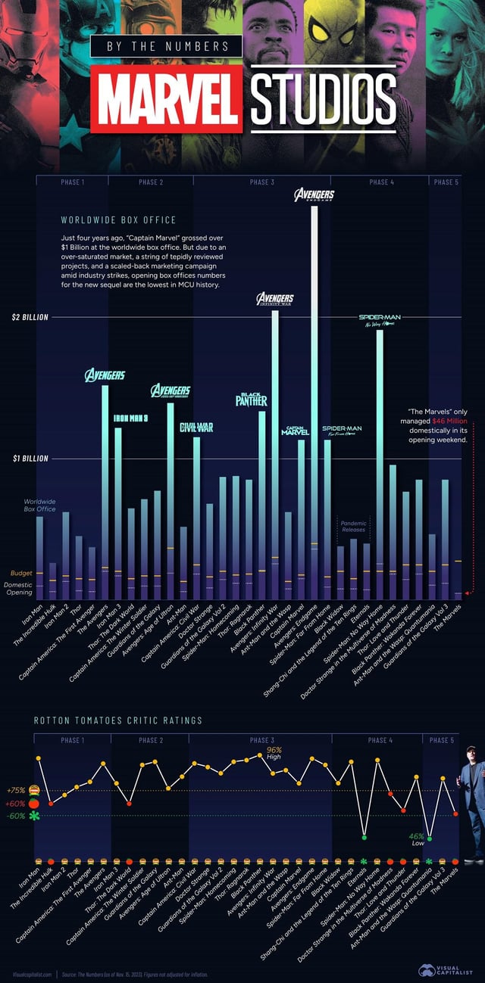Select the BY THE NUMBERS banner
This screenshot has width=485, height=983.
[x=167, y=46]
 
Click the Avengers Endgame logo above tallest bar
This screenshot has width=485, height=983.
[x=314, y=196]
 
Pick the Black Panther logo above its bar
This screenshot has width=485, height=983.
[x=251, y=400]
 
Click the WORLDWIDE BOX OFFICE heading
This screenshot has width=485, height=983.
[x=118, y=220]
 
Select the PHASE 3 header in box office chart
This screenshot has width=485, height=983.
[x=261, y=182]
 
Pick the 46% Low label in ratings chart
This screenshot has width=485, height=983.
[x=416, y=838]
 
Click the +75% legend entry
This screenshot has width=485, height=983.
[x=16, y=790]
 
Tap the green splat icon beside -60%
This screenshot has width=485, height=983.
[x=34, y=816]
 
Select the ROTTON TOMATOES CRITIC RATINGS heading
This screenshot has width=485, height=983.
[x=117, y=720]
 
